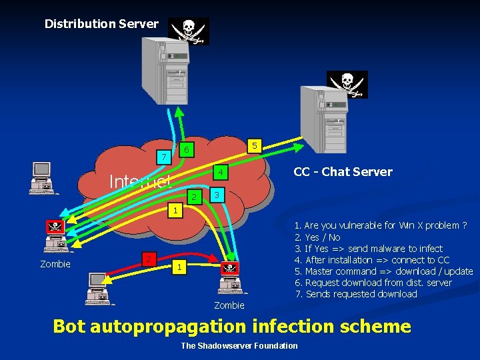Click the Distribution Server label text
coord(101,24)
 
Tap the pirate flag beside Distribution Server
coord(188,31)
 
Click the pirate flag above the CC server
coord(347,84)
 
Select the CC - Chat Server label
coord(343,172)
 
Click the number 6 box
coord(187,149)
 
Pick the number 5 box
coord(253,145)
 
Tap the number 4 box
coord(220,173)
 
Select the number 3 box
coord(215,195)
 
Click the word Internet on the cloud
coord(140,181)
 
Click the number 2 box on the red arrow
coord(150,259)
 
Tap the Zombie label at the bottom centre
coord(229,305)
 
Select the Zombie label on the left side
coord(55,264)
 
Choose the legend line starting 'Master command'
coord(383,271)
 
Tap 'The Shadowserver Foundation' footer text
coord(239,345)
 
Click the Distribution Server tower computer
coord(159,71)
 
